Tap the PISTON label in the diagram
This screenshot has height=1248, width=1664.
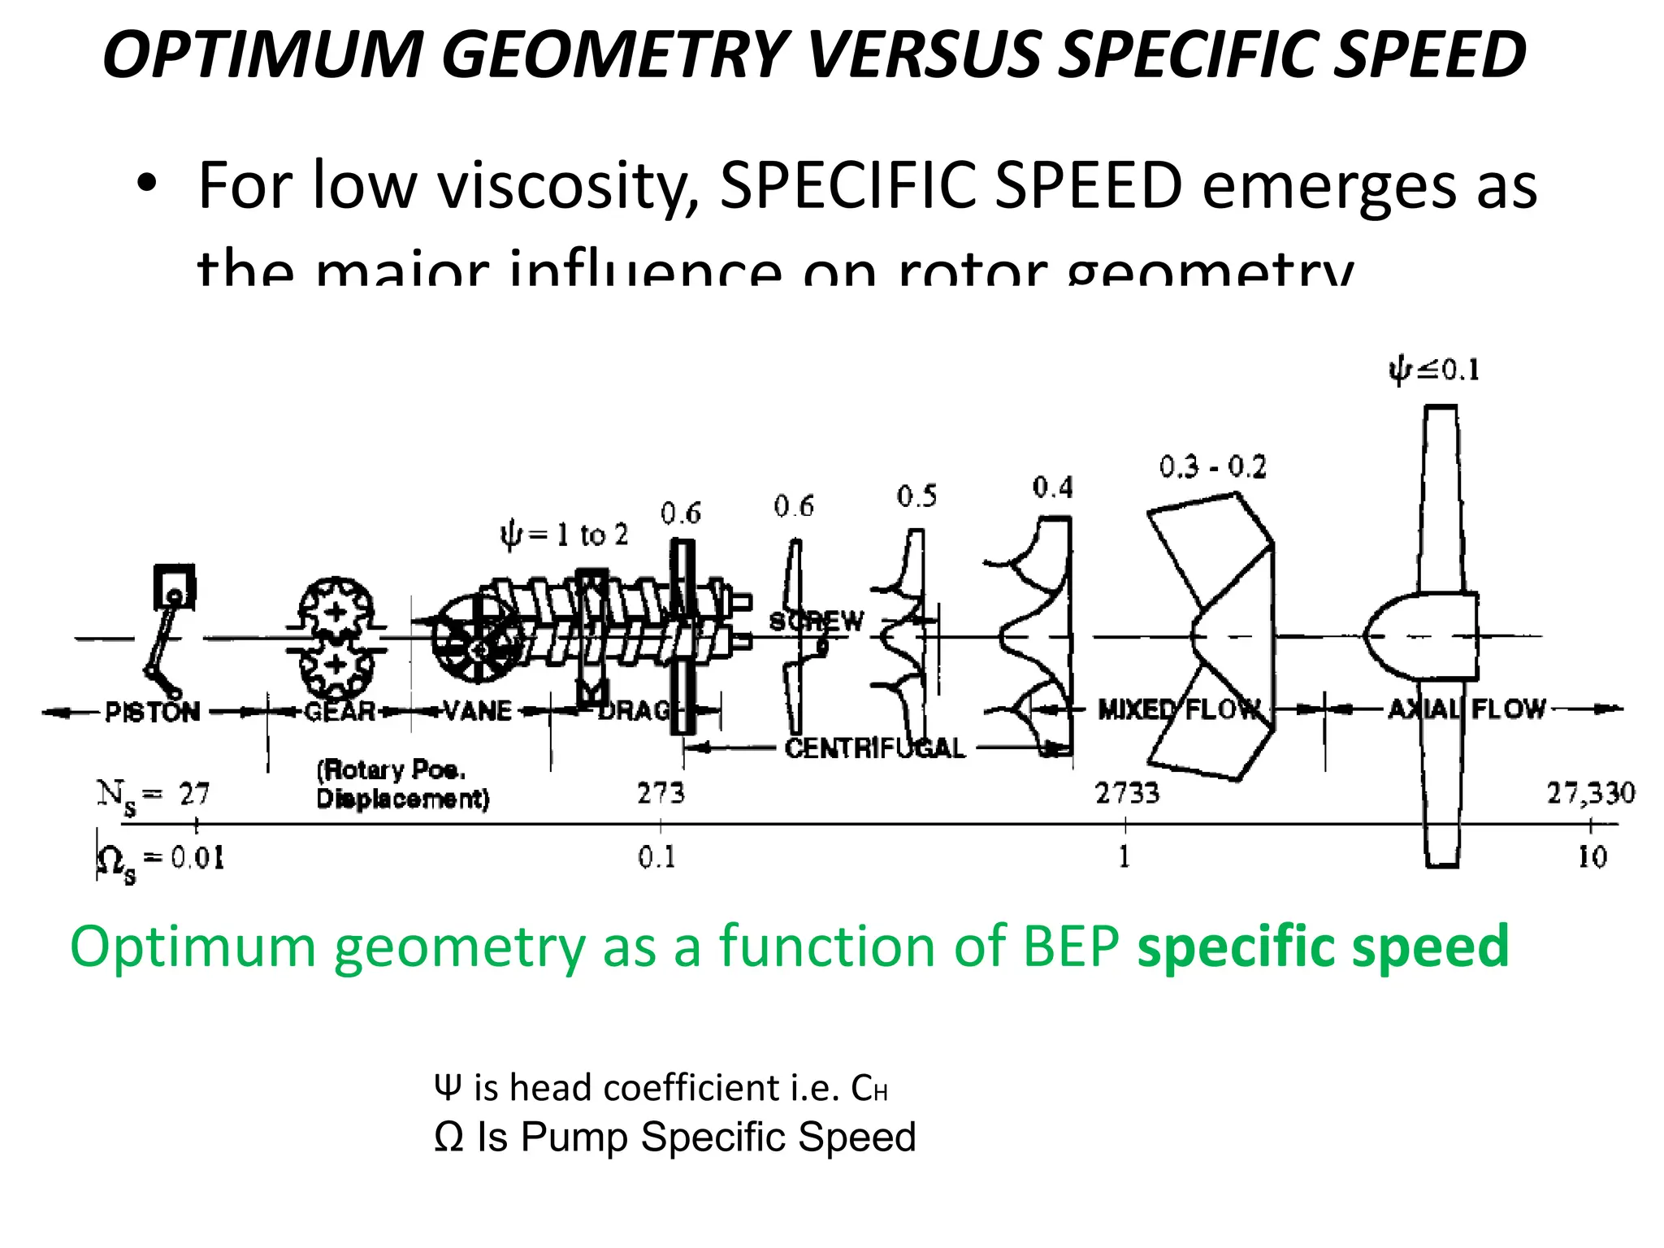[152, 712]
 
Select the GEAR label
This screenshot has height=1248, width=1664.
[340, 712]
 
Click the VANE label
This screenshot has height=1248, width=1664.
[478, 711]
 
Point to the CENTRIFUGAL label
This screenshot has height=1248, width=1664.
[874, 747]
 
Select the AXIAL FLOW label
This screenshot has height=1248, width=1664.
[1467, 708]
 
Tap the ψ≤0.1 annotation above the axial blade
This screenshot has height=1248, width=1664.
[1434, 370]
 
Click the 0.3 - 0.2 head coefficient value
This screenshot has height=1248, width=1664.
[1212, 467]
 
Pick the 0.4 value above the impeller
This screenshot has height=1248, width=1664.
[1052, 487]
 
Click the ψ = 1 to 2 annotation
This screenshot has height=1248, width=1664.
[564, 535]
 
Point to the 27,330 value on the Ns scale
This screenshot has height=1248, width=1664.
[1590, 793]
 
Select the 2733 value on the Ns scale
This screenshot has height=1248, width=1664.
[1127, 793]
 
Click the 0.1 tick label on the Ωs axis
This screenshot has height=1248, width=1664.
[656, 857]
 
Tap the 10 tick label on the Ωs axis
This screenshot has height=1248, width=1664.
[1592, 857]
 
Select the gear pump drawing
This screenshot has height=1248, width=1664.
[335, 639]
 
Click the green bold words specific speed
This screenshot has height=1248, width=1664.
[1323, 947]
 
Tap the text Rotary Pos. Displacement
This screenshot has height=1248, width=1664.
[402, 785]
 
